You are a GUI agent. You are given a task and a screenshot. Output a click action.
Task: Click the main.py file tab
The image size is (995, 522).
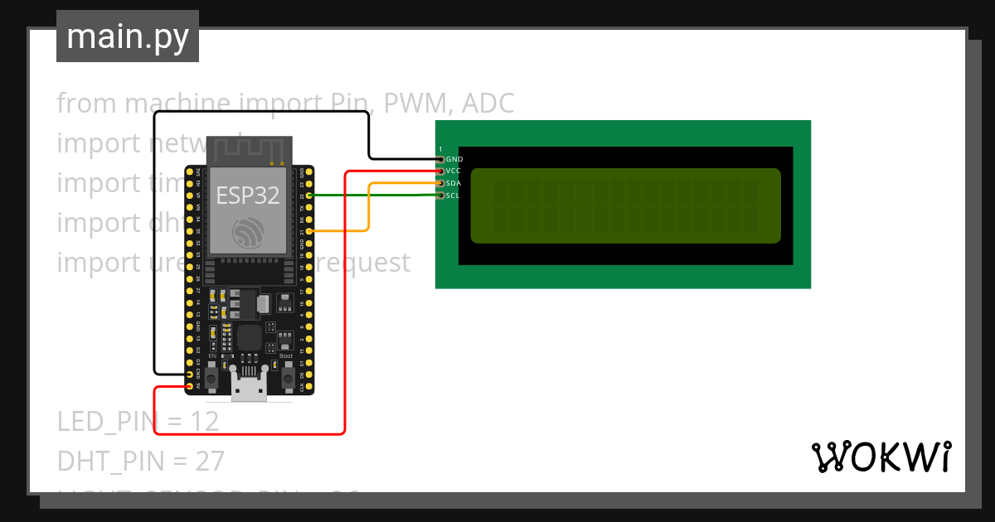(128, 36)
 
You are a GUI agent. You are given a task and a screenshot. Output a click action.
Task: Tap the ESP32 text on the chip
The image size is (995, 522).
(247, 196)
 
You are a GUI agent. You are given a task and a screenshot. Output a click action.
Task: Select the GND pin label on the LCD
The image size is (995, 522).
(454, 158)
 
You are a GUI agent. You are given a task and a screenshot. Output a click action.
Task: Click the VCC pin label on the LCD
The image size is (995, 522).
(454, 171)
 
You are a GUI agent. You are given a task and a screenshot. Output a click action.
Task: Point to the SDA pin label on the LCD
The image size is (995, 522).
(454, 183)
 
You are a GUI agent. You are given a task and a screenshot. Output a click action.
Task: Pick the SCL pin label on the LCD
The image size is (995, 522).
(453, 196)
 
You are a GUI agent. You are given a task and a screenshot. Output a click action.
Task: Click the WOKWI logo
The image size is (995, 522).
(881, 457)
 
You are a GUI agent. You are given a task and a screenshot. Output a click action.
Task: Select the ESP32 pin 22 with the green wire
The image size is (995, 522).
(308, 196)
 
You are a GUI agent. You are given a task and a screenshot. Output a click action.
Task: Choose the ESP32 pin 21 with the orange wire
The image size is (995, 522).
(308, 231)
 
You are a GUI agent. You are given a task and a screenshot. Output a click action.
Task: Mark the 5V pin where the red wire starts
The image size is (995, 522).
(190, 386)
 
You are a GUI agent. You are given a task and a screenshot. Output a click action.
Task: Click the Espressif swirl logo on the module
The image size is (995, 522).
(247, 232)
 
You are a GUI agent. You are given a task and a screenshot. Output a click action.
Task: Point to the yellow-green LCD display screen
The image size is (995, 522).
(625, 205)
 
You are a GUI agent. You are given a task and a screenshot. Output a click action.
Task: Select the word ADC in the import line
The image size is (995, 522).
(488, 104)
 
